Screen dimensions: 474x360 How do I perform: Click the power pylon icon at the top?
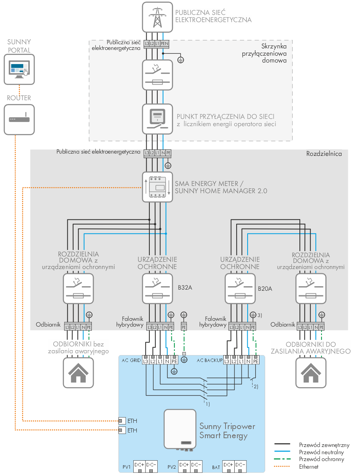point(157,17)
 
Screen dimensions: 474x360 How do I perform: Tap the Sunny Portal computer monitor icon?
point(19,69)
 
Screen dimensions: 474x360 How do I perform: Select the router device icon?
point(19,119)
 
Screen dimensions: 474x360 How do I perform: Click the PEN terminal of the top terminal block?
point(164,44)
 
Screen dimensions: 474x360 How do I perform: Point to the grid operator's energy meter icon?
point(157,119)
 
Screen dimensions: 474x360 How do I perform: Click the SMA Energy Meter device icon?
point(157,187)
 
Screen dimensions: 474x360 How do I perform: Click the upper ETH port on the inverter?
point(122,421)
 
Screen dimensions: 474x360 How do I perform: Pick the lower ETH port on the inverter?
point(122,430)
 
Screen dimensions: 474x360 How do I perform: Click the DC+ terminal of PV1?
point(140,466)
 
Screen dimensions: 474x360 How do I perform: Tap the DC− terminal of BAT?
point(240,466)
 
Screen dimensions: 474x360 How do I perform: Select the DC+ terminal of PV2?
point(184,466)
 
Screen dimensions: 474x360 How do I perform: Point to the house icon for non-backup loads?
point(78,372)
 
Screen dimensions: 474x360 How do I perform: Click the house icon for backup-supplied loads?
point(311,372)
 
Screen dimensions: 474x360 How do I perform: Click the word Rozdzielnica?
point(324,154)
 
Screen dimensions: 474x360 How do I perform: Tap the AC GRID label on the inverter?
point(131,360)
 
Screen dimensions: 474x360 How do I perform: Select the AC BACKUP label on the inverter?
point(210,360)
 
